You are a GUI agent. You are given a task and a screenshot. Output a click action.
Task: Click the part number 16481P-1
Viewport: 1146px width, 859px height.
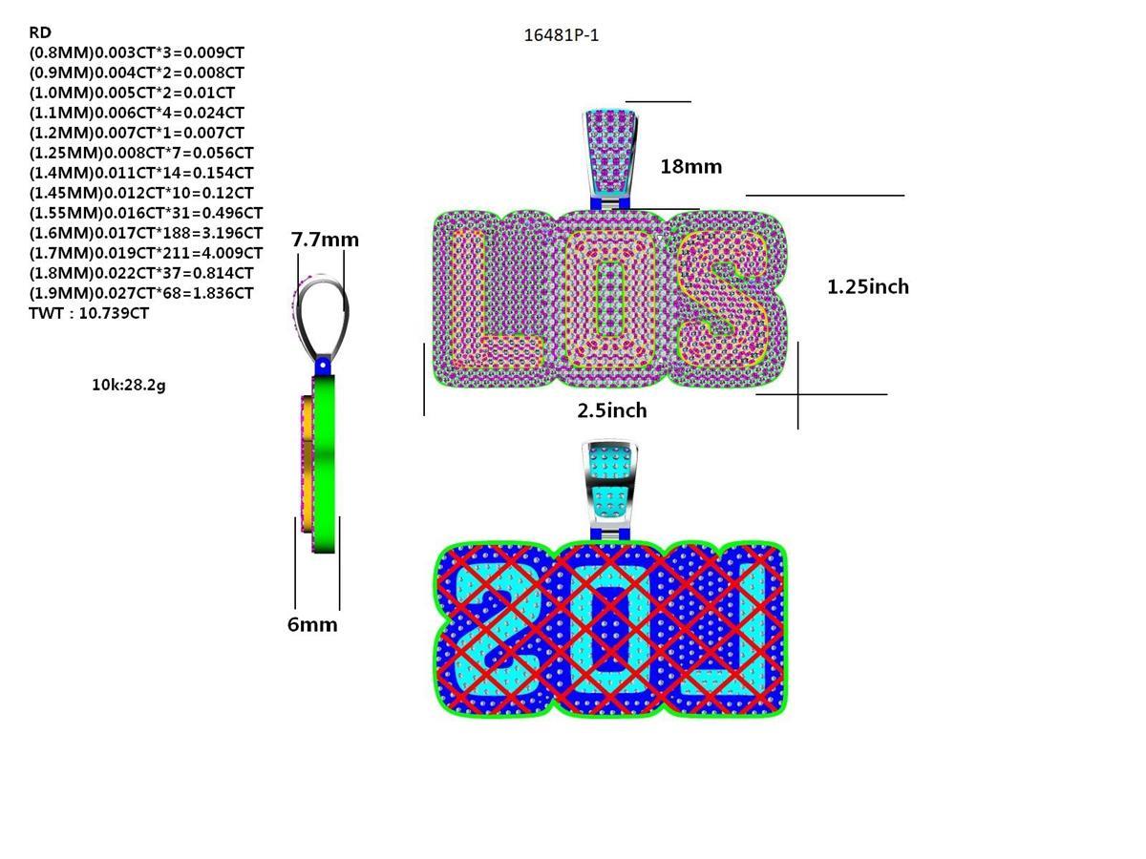point(561,35)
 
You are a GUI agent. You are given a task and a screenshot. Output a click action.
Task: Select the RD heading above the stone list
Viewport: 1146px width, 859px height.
point(40,32)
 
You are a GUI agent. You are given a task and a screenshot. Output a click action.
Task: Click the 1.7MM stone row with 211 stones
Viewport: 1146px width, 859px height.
point(145,253)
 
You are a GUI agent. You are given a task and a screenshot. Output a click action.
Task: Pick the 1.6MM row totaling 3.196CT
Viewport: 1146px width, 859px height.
point(145,233)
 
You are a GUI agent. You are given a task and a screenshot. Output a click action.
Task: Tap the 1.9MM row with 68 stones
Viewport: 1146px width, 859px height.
point(141,293)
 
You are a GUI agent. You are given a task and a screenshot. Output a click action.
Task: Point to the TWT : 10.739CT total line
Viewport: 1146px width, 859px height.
point(89,313)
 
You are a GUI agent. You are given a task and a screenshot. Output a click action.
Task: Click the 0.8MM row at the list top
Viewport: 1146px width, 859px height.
point(136,52)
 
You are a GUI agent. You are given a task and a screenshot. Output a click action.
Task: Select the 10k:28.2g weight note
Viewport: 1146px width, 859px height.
point(128,385)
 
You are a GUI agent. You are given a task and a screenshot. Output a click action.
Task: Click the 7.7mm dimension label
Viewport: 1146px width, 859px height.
point(325,240)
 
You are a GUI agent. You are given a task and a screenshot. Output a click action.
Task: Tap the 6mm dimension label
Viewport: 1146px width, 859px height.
point(312,625)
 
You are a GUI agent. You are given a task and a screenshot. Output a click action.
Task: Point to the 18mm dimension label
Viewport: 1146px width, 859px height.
point(690,167)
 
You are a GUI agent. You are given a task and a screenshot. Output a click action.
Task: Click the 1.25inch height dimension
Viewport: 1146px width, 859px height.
point(867,286)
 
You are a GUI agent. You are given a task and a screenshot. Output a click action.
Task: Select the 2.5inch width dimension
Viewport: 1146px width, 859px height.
point(611,410)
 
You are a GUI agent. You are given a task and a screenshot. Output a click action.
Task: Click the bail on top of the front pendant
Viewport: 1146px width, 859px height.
point(609,153)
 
